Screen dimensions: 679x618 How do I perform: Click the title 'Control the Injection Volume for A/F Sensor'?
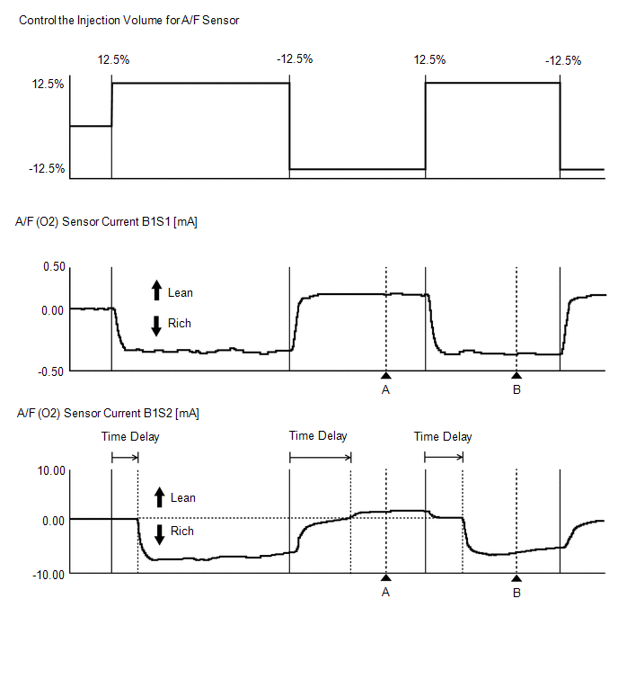tap(129, 20)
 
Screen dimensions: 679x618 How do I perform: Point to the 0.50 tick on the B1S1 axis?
tap(54, 267)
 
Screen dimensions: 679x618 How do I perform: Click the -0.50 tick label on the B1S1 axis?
tap(52, 371)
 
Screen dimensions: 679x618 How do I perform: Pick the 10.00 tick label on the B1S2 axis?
tap(51, 470)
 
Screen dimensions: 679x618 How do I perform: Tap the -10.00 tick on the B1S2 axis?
tap(49, 573)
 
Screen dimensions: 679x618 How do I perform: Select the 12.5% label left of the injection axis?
tap(48, 84)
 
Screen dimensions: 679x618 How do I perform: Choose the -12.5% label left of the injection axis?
tap(46, 168)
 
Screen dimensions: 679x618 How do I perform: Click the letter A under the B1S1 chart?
tap(385, 389)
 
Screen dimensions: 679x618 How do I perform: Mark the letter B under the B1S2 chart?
tap(516, 593)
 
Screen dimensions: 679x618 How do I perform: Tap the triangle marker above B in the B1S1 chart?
tap(516, 375)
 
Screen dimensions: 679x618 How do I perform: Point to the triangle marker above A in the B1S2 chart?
tap(385, 577)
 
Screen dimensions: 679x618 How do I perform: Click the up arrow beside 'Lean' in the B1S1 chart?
tap(156, 290)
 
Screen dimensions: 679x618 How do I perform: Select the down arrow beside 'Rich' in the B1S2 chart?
tap(160, 534)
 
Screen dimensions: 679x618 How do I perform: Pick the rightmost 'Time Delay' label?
tap(443, 437)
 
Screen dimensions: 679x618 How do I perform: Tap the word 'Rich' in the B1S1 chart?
tap(180, 323)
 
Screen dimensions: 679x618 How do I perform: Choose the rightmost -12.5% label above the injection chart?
tap(563, 61)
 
